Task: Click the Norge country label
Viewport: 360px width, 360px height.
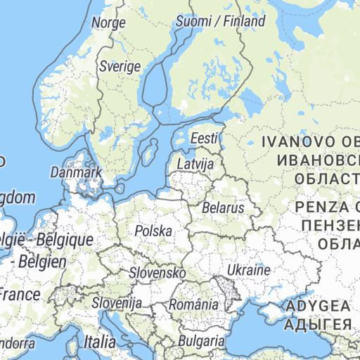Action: (x=108, y=22)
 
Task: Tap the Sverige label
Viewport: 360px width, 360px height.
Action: (x=120, y=66)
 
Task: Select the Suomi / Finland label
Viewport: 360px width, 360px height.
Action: (x=220, y=21)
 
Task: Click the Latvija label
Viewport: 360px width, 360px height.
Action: (x=195, y=164)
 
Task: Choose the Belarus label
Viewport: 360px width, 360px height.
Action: (x=222, y=208)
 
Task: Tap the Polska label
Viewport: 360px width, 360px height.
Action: (x=153, y=231)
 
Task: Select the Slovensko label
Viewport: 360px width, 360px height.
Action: (x=157, y=272)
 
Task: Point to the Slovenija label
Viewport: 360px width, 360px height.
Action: (x=117, y=303)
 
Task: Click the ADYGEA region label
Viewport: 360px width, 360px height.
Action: (x=317, y=307)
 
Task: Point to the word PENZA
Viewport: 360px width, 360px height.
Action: (x=321, y=207)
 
